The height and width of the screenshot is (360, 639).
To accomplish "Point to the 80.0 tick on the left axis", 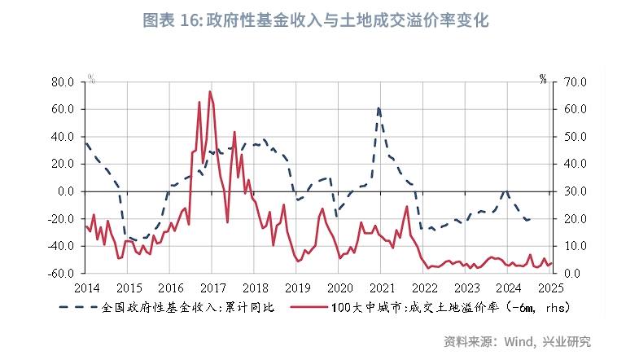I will point(62,81).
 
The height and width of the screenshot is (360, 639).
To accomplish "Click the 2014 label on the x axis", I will point(85,288).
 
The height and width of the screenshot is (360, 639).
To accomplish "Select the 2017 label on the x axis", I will point(212,288).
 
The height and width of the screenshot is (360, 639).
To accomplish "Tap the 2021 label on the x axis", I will point(382,288).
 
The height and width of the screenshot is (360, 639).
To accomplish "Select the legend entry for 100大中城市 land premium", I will point(435,308).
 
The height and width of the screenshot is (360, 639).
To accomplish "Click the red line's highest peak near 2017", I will point(210,91).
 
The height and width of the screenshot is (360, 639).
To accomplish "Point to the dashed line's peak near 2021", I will point(379,108).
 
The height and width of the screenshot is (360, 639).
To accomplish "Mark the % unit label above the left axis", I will point(92,79).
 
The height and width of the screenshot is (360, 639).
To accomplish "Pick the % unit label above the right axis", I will point(543,79).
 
